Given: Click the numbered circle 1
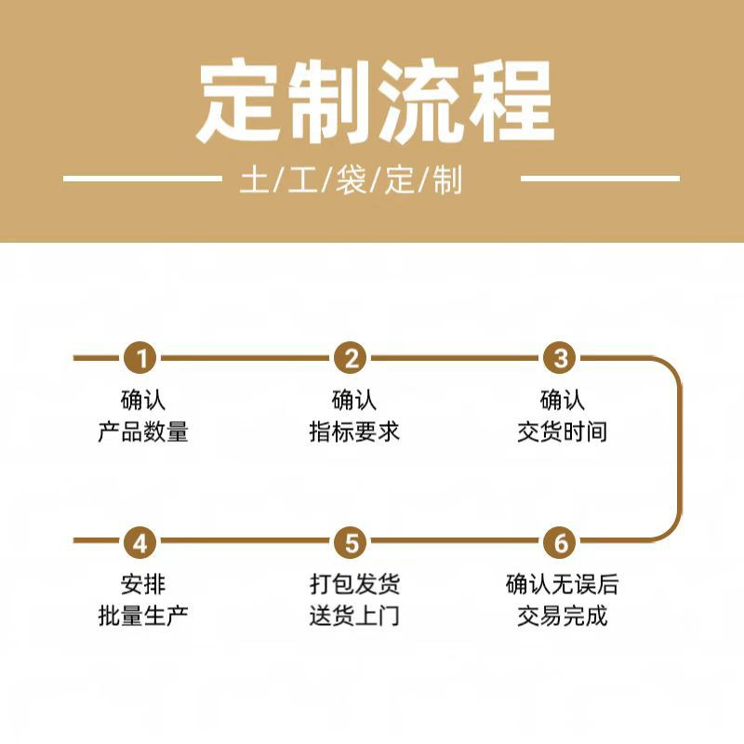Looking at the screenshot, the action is [142, 358].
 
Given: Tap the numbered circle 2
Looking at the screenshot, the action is [352, 358].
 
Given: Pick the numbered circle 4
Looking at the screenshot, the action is [142, 541].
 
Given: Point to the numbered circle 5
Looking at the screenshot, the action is [352, 541].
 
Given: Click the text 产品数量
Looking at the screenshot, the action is [143, 432].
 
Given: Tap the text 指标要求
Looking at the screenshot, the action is [353, 432].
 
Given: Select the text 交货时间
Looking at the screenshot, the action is [562, 432].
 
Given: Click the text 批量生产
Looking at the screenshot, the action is [143, 616].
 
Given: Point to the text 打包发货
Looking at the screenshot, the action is [354, 585].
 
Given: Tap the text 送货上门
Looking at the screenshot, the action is [354, 616].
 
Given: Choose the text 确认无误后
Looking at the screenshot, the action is [562, 585].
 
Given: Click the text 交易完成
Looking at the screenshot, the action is [562, 616].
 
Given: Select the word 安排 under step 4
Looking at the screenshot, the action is [143, 585].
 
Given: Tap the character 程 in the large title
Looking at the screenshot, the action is [508, 101].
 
